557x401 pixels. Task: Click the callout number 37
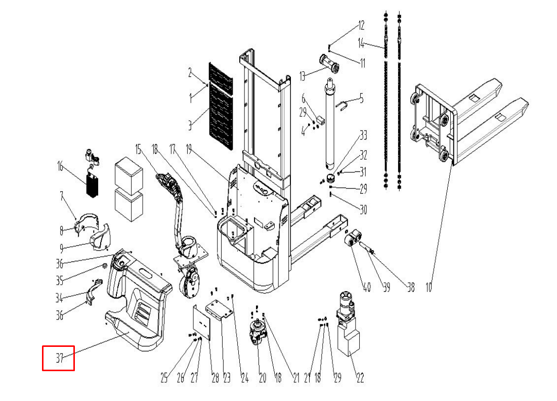pyautogui.click(x=59, y=359)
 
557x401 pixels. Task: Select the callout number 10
pyautogui.click(x=429, y=288)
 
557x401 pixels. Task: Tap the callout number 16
pyautogui.click(x=60, y=166)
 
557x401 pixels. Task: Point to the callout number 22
pyautogui.click(x=360, y=377)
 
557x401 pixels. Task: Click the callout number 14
pyautogui.click(x=361, y=43)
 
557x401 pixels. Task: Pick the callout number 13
pyautogui.click(x=303, y=76)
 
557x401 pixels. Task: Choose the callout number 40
pyautogui.click(x=367, y=288)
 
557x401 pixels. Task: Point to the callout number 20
pyautogui.click(x=262, y=377)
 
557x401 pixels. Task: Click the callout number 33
pyautogui.click(x=363, y=135)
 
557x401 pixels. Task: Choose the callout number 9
pyautogui.click(x=61, y=248)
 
